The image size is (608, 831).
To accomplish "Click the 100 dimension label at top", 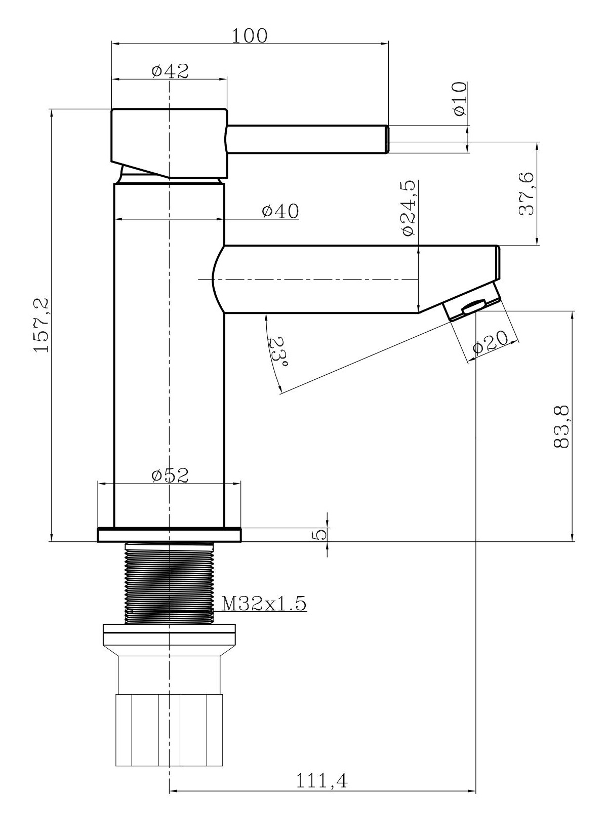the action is click(249, 36).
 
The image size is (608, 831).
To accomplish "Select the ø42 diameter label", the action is click(170, 71).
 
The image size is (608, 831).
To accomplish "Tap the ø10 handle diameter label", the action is click(460, 99).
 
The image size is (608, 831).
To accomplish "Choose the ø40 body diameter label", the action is click(280, 211).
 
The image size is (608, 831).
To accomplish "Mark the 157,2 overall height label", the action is click(42, 325).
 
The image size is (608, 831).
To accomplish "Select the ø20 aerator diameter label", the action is click(491, 343).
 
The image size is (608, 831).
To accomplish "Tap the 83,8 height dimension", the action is click(561, 427).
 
